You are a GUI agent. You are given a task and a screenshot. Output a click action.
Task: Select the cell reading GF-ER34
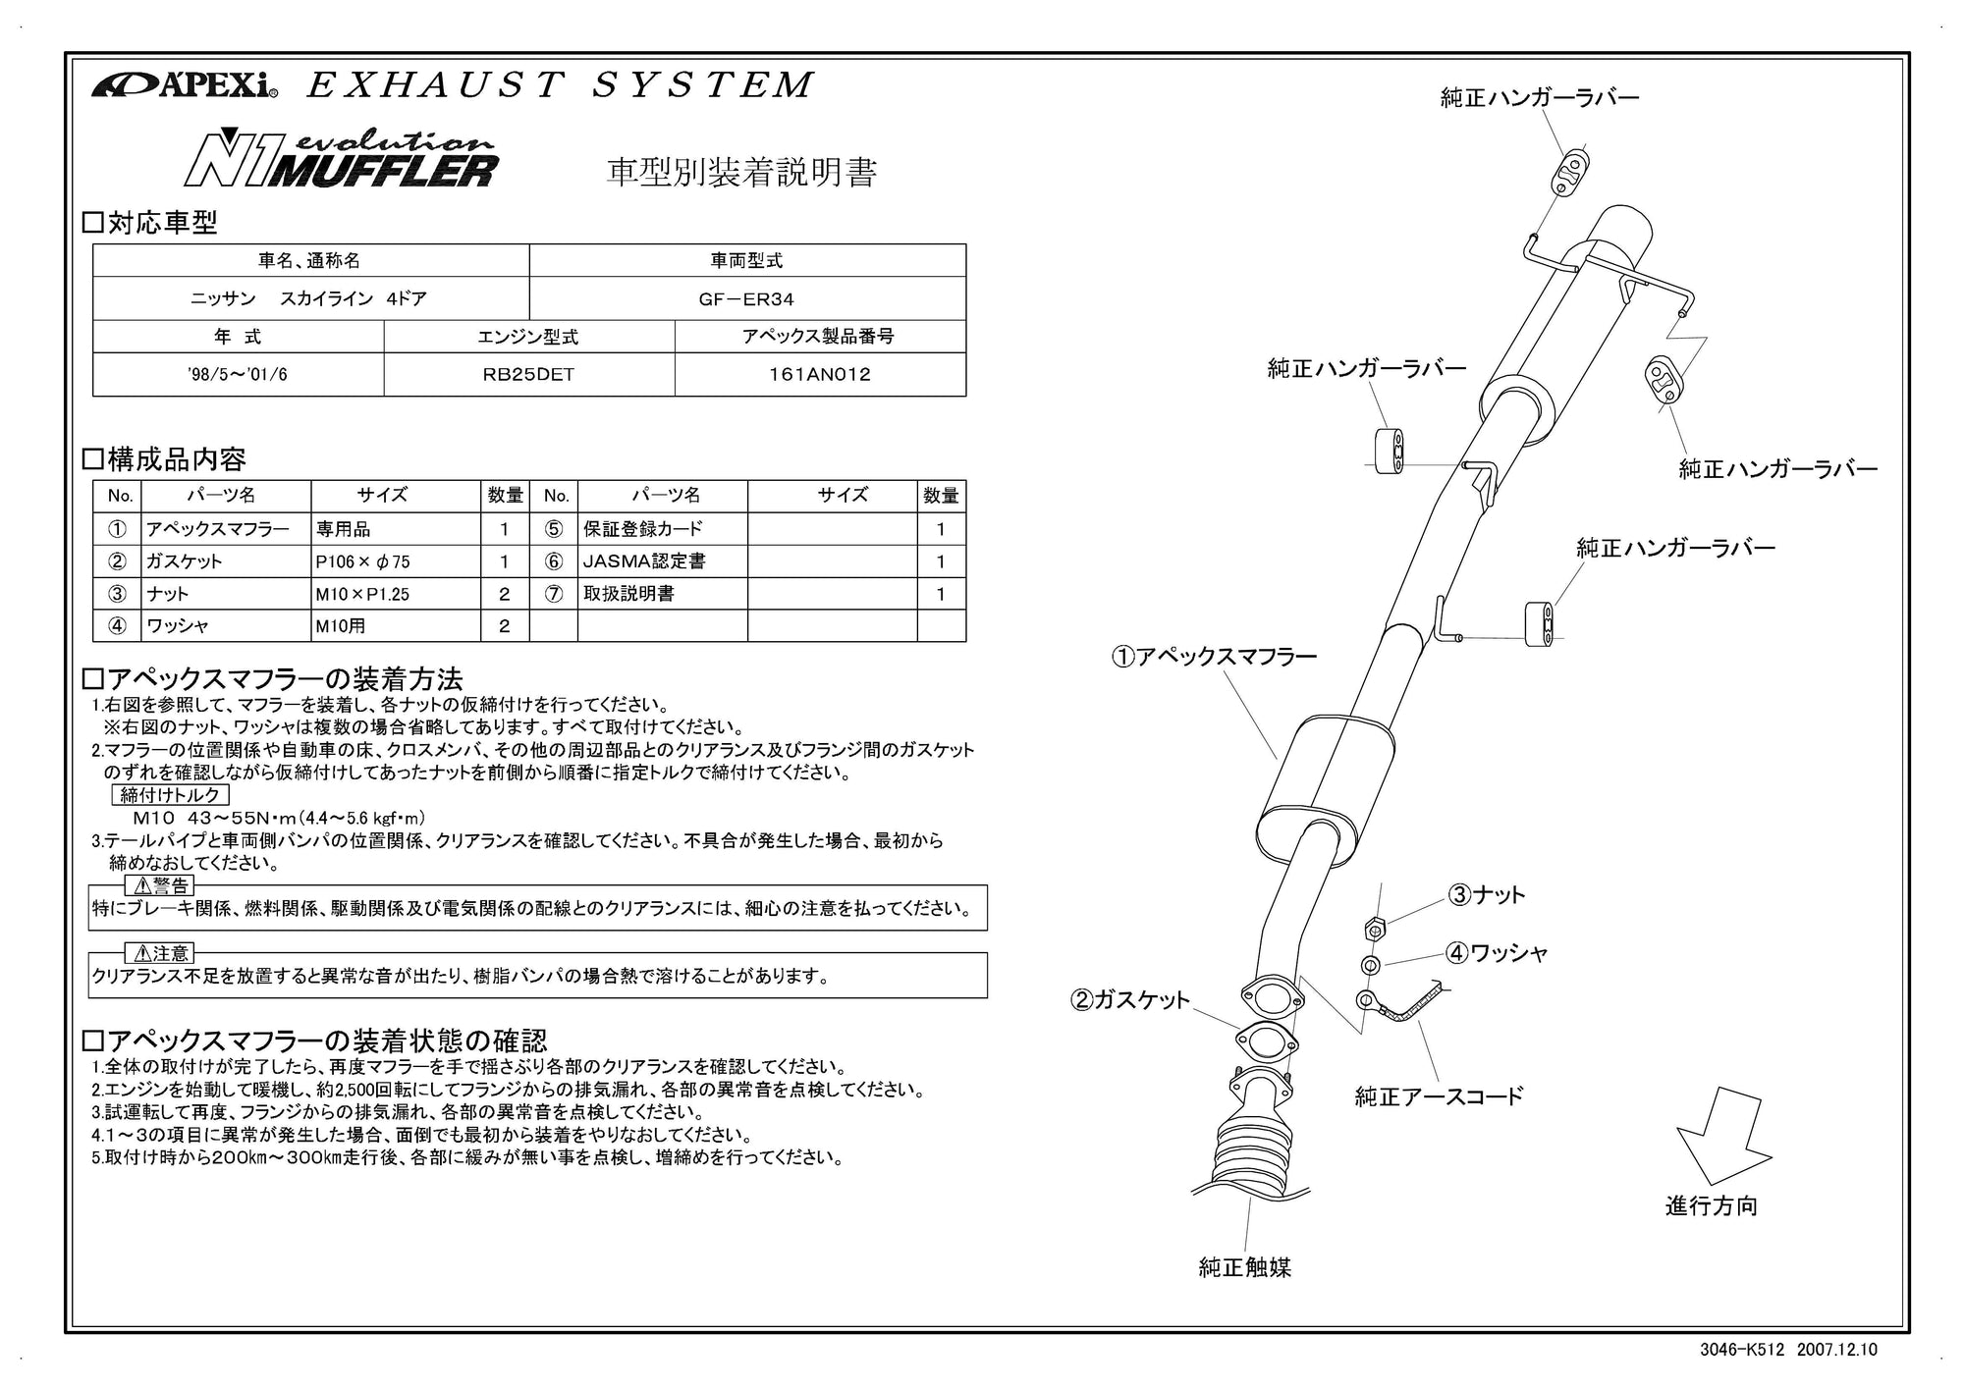(746, 298)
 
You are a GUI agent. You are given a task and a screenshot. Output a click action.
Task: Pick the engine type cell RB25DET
(528, 374)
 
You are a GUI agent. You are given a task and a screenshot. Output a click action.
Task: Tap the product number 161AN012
(819, 374)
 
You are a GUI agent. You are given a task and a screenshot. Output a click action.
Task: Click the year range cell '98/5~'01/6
(238, 374)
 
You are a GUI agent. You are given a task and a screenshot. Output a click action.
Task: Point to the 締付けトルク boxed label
(170, 795)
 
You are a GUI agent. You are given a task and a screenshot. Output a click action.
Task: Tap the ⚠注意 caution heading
(159, 953)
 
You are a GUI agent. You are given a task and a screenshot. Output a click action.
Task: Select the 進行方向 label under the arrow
(1711, 1205)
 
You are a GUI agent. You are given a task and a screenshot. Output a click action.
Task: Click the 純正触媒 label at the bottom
(1244, 1267)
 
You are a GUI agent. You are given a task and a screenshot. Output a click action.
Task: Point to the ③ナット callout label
(1487, 894)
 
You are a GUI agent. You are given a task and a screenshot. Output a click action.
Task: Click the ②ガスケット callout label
(1129, 1000)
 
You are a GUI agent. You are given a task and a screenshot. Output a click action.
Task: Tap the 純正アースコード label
(1439, 1096)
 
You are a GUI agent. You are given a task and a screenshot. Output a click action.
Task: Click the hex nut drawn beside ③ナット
(1375, 928)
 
